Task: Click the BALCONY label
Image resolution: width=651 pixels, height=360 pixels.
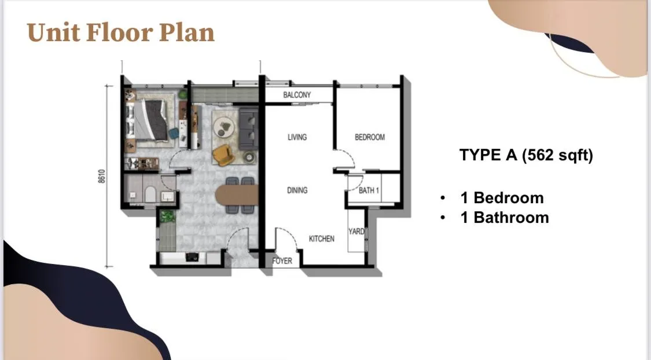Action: coord(297,95)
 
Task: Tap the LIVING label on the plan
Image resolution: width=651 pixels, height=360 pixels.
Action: coord(297,137)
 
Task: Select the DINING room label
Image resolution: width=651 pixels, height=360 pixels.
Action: coord(297,190)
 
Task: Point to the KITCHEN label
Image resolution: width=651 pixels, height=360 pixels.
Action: coord(321,239)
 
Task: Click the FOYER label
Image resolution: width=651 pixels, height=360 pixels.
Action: coord(282,261)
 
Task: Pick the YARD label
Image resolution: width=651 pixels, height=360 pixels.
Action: coord(356,232)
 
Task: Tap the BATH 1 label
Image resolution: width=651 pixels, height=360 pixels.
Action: coord(369,190)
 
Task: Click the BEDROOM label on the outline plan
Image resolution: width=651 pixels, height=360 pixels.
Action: coord(370,137)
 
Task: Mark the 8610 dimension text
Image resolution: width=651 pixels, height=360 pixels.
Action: coord(102,176)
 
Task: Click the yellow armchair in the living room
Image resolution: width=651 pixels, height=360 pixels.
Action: coord(223,155)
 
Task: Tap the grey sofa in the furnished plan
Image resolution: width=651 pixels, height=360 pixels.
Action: coord(248,128)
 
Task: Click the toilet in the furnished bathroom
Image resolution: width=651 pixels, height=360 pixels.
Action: coord(150,194)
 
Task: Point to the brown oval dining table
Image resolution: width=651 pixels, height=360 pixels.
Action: coord(237,194)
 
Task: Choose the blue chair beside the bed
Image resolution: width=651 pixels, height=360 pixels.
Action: coord(174,134)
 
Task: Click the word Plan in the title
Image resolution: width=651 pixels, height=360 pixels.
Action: coord(187,33)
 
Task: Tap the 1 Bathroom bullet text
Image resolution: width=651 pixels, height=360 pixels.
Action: coord(505,218)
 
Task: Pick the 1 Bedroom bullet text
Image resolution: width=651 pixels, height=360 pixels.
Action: coord(502,197)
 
